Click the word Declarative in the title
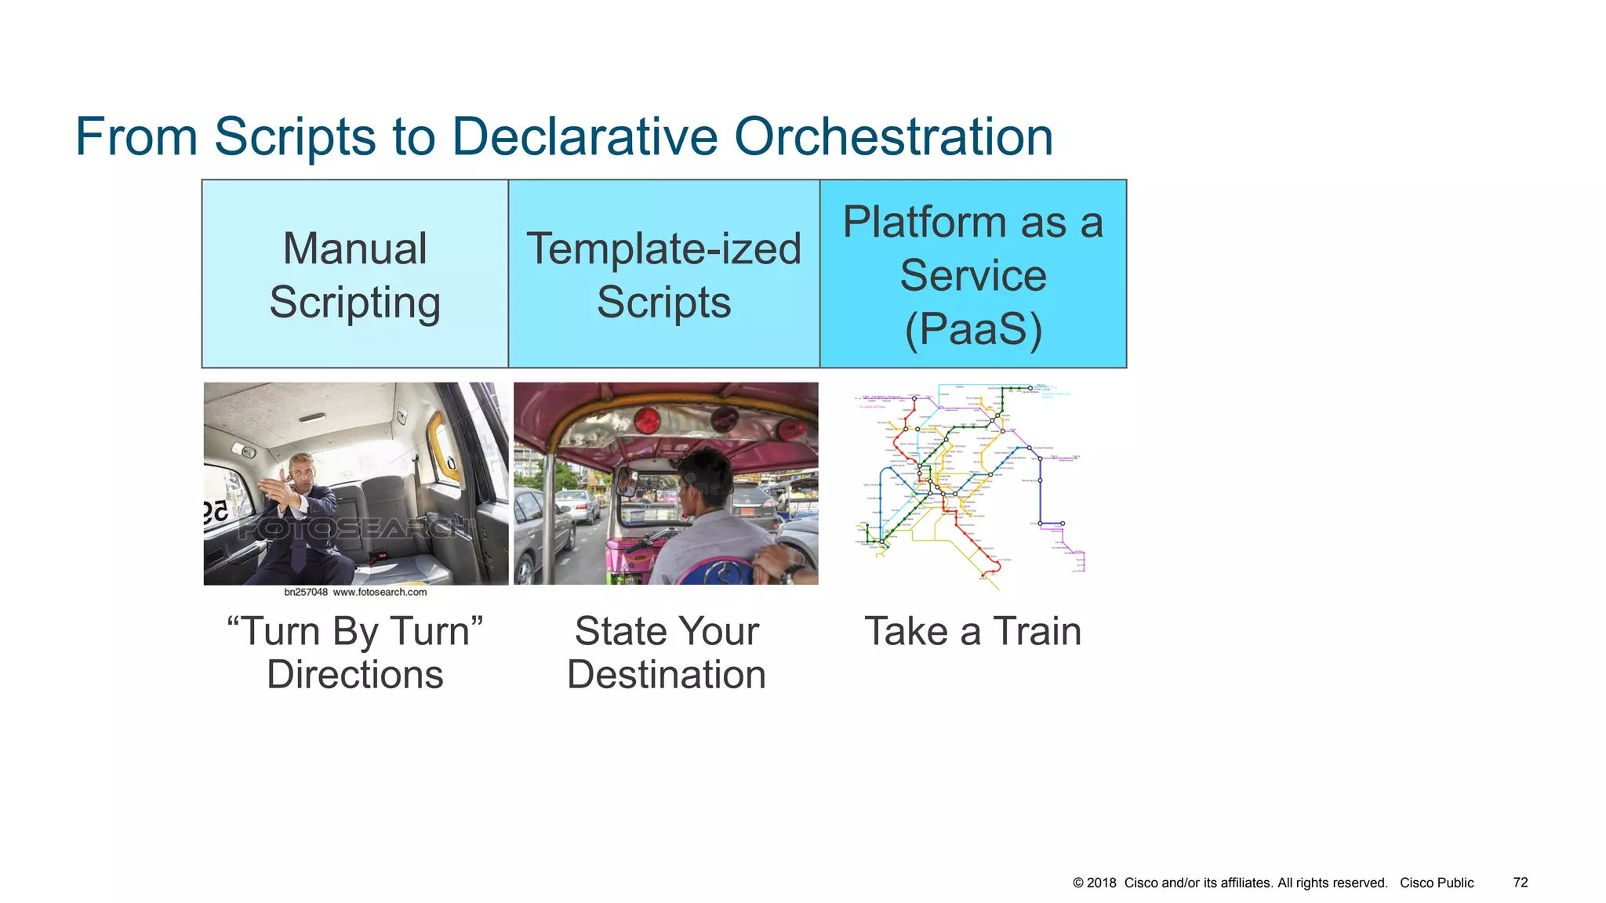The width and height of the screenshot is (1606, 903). tap(584, 137)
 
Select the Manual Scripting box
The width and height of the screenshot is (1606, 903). tap(354, 274)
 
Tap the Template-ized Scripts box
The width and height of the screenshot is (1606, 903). tap(663, 274)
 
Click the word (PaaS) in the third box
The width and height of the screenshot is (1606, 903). tap(973, 328)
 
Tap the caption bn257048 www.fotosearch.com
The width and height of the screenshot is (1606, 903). tap(355, 593)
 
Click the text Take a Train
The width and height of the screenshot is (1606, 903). tap(972, 632)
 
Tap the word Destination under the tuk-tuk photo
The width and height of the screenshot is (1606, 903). tap(666, 675)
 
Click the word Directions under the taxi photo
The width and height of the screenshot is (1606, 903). tap(354, 675)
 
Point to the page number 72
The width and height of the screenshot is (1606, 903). tap(1520, 883)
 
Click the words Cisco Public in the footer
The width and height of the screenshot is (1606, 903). tap(1437, 883)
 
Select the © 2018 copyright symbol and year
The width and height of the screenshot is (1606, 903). tap(1094, 883)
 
